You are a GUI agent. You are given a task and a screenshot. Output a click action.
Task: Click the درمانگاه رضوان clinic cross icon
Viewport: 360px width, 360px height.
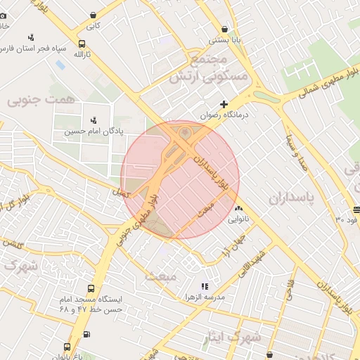coord(224,104)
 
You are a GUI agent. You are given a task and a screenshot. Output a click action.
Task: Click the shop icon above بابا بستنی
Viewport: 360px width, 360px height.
coord(224,30)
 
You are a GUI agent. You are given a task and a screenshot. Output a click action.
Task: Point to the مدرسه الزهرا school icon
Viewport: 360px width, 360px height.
coord(205,286)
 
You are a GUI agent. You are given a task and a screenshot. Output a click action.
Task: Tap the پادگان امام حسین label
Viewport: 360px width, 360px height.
coord(94,131)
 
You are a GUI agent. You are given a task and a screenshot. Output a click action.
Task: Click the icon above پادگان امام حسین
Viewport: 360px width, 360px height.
coord(94,120)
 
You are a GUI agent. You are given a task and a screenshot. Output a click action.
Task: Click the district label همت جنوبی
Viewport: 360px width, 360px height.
coord(39,101)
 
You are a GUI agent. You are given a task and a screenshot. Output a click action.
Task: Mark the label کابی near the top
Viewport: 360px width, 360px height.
coord(93,25)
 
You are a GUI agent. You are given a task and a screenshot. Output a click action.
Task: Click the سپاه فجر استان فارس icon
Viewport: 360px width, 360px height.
coord(30,37)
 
